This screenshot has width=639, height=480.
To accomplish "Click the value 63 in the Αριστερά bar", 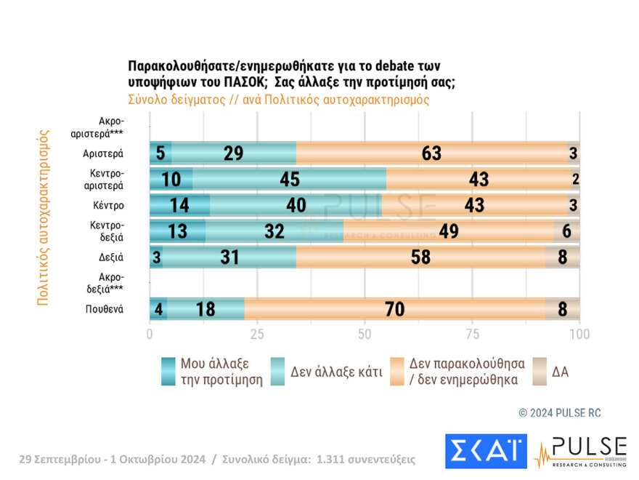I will (x=431, y=153).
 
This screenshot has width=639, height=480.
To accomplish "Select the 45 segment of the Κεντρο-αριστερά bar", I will (x=290, y=180).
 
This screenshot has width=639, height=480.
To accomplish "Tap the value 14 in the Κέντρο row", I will (x=179, y=205).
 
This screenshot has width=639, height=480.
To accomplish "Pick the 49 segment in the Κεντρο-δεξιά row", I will (x=449, y=231).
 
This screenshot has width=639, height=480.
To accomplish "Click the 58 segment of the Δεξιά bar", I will (x=420, y=257).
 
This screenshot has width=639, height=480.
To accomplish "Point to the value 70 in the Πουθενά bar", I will (x=395, y=309).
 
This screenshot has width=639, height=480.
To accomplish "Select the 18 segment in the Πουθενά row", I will (x=205, y=309).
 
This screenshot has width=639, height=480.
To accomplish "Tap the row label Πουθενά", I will (x=103, y=309).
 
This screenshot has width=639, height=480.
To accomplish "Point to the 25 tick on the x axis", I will (x=257, y=334).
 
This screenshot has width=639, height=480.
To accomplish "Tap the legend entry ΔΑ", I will (x=560, y=371).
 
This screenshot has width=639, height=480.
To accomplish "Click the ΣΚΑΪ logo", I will (x=486, y=451).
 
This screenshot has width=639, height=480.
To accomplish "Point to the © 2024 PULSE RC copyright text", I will (x=560, y=412).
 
